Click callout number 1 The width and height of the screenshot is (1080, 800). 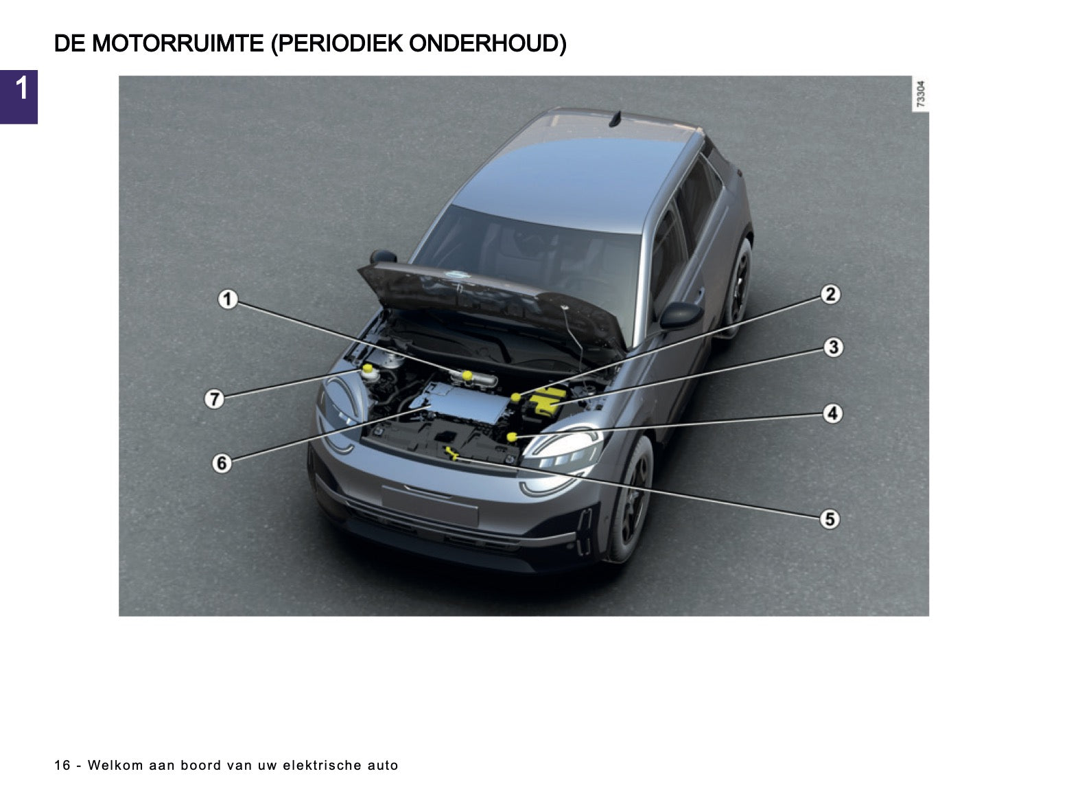[227, 299]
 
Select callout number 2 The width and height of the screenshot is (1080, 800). [830, 295]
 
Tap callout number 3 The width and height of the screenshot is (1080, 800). [833, 347]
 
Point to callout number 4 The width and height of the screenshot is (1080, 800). [832, 413]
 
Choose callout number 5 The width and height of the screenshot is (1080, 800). [830, 518]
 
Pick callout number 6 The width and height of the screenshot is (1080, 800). [222, 463]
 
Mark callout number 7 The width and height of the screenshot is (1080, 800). [214, 399]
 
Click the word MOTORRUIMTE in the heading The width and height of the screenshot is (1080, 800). [178, 43]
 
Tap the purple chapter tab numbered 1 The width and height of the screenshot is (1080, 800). [19, 97]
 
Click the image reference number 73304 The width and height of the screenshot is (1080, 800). [920, 93]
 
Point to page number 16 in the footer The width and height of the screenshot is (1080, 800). [62, 765]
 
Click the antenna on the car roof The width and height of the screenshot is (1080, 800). [616, 119]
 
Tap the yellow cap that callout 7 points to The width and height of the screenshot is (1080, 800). [368, 368]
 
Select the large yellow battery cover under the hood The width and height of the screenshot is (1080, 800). [548, 401]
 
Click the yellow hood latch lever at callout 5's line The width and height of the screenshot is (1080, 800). [451, 453]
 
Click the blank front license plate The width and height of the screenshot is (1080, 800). [430, 505]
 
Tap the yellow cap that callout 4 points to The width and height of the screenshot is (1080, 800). [511, 437]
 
